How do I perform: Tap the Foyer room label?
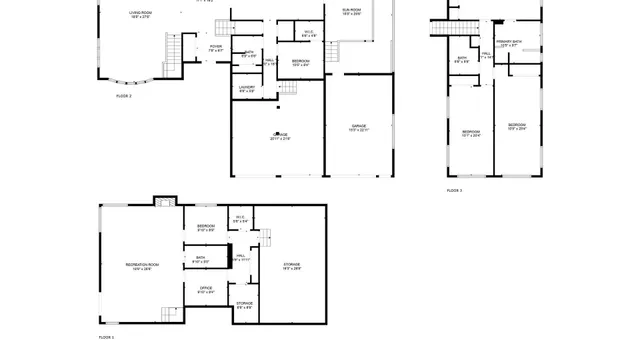coord(216,48)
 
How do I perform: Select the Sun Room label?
coord(351,11)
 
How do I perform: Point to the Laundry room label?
coord(247,89)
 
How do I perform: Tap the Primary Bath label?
coord(507,43)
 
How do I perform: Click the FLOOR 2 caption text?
coord(125,95)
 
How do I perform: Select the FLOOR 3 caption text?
coord(454,189)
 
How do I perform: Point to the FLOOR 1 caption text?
coord(106,338)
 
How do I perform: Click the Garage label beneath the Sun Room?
coord(357,127)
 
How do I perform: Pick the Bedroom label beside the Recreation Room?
coord(206,228)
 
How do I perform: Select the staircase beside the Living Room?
coord(173,47)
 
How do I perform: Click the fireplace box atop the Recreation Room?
coord(163,200)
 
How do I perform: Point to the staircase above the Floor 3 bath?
coord(442,25)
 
